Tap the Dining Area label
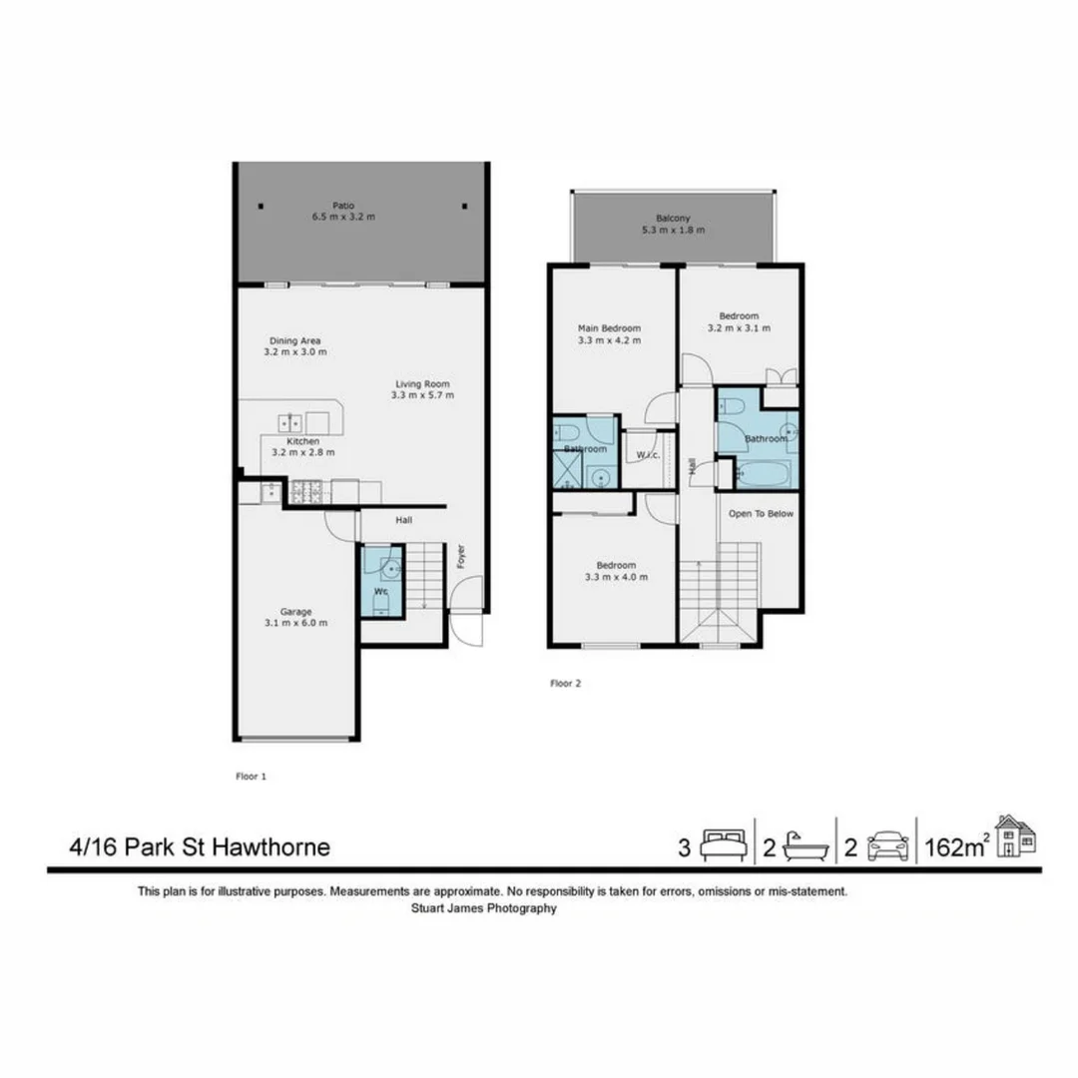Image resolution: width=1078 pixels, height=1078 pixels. tap(294, 339)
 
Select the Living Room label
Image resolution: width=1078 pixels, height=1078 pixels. tap(422, 383)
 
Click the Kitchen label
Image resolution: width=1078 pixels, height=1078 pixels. tap(302, 440)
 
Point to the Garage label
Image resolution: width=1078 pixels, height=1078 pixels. tap(295, 611)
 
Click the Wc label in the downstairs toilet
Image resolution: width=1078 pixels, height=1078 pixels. tap(380, 591)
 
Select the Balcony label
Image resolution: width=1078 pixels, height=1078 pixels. tap(673, 218)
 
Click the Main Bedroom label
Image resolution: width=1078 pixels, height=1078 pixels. tap(609, 327)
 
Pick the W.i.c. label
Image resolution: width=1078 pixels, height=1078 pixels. tap(646, 455)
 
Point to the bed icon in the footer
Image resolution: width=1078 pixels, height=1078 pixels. tap(724, 846)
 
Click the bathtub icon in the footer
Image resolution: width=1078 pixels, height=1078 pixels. tap(807, 846)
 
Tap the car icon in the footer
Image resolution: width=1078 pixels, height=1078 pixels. tap(888, 847)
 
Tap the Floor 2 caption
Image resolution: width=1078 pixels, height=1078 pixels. tap(565, 684)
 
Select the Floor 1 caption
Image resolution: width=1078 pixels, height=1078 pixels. tap(250, 775)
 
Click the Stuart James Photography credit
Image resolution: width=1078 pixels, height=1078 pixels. tap(484, 908)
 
